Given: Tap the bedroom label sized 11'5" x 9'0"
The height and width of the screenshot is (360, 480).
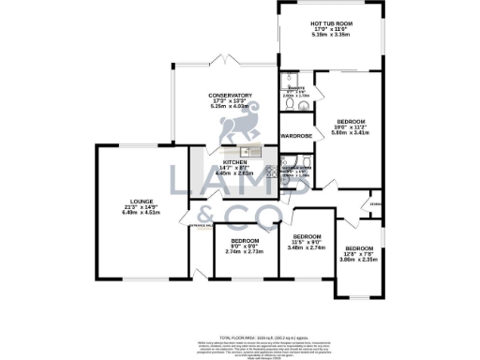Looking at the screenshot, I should point(307,236).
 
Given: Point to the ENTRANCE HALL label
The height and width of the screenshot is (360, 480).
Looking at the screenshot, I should point(202,225).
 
